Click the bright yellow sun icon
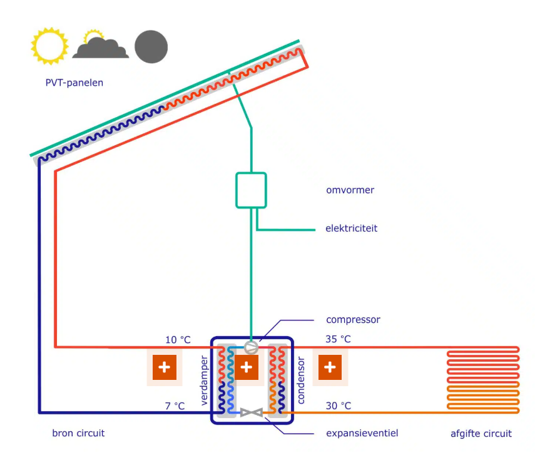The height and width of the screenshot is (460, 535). coord(49,46)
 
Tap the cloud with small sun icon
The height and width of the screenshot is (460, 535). coord(100,46)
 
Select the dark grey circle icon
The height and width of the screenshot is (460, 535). coord(151,46)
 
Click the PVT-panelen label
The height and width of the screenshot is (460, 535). coord(74,83)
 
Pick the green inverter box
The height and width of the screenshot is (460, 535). coord(251,190)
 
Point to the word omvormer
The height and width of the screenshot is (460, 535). coord(350,190)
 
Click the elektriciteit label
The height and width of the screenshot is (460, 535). coord(351,228)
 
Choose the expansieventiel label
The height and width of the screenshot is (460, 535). coord(362,433)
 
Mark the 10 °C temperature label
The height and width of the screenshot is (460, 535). coord(177,340)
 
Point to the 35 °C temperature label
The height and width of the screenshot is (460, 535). coord(339,340)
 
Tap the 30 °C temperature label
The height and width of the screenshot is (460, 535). coord(339,406)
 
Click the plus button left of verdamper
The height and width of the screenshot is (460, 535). coord(165,367)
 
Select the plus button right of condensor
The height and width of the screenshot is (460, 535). coord(329,367)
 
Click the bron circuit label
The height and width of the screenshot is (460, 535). coord(78,433)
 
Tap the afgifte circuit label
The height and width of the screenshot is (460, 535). coord(481,433)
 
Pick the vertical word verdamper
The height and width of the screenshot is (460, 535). coord(205,381)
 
